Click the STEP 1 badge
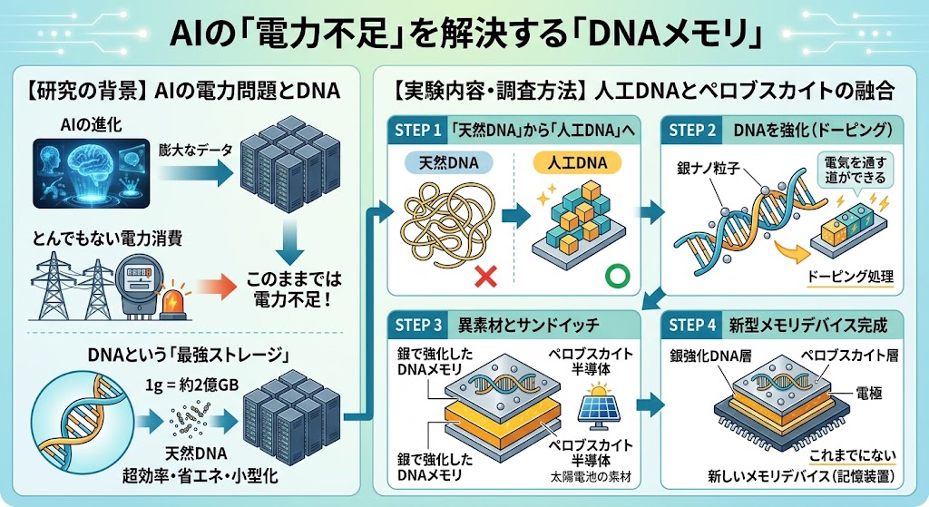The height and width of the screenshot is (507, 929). (x=417, y=131)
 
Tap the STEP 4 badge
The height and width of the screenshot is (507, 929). (x=691, y=326)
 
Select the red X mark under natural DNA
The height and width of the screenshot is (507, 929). (x=486, y=276)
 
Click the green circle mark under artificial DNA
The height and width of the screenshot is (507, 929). (x=617, y=276)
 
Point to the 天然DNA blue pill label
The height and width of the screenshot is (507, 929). (x=448, y=163)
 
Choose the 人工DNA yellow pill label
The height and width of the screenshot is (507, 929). (x=577, y=162)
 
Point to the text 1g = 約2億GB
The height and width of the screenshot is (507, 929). (x=192, y=385)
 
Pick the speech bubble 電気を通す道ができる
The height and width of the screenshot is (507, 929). (x=855, y=170)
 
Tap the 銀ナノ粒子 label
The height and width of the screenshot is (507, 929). (x=709, y=168)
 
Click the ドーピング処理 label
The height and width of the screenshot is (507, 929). (x=849, y=276)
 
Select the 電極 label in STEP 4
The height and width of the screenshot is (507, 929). (x=869, y=393)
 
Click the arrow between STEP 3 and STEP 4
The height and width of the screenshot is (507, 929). (x=650, y=405)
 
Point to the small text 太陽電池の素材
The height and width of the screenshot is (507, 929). (x=592, y=477)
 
